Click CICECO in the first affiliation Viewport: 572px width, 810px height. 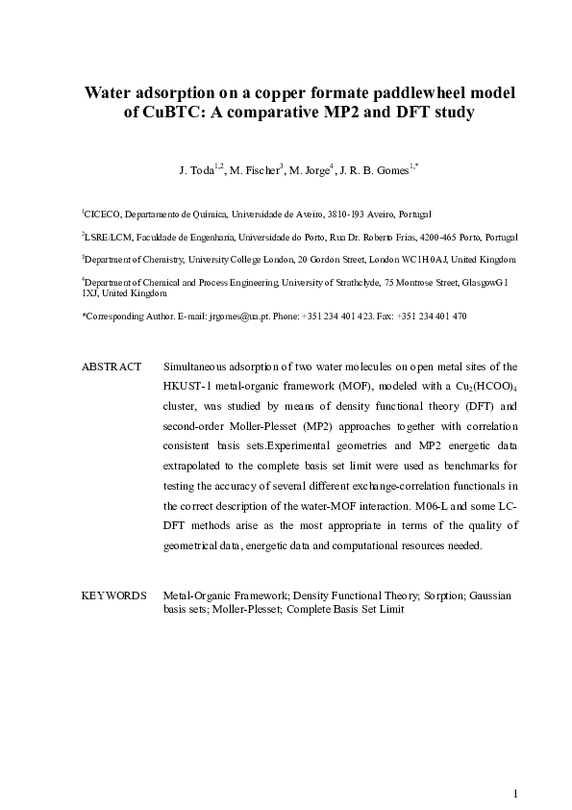tap(103, 215)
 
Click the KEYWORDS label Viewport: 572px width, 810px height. tap(113, 596)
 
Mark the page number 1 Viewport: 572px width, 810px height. tap(515, 793)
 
